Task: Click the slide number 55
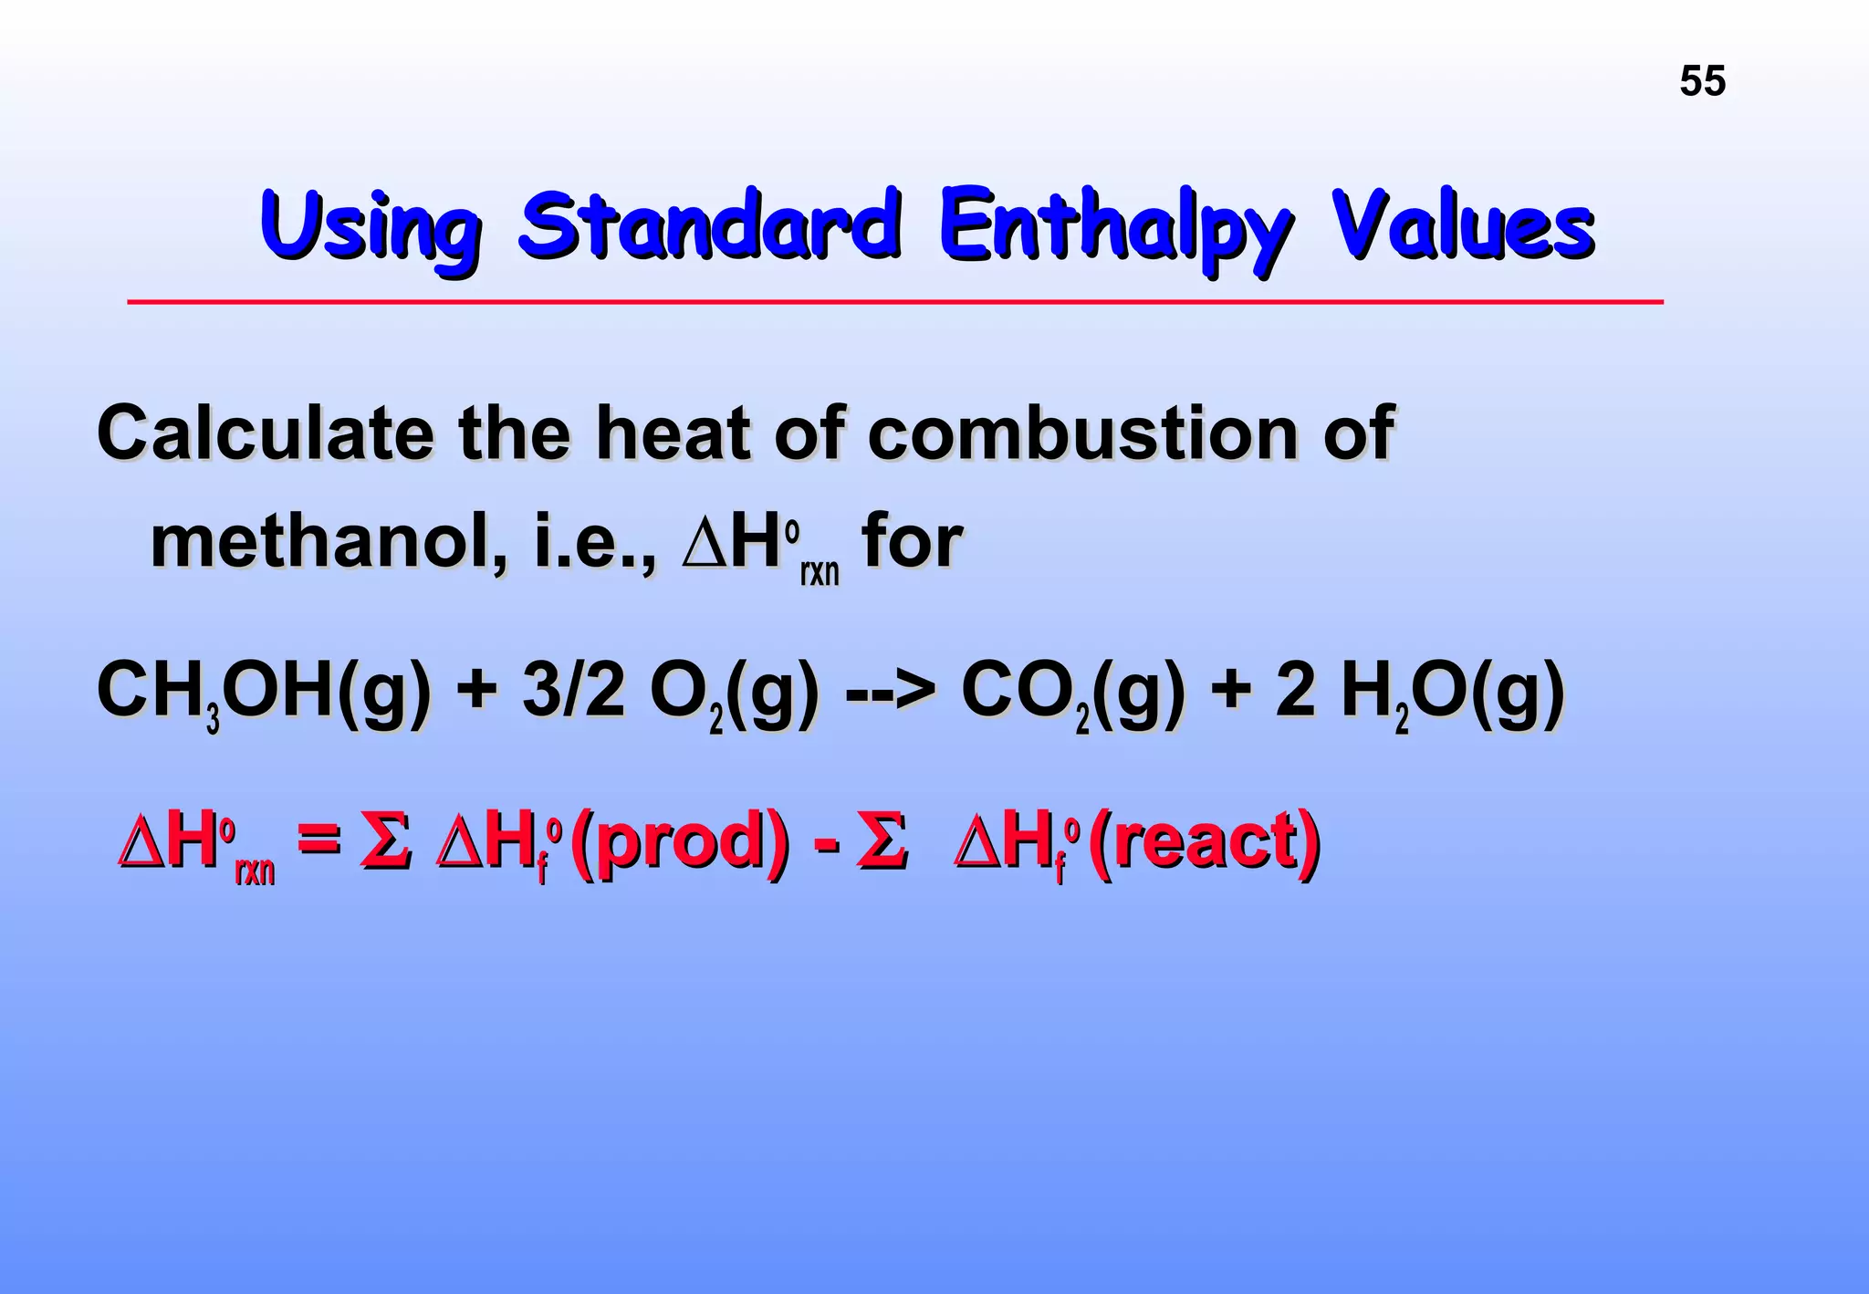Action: point(1702,81)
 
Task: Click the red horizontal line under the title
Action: point(894,301)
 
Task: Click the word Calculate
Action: point(265,433)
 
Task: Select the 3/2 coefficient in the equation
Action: point(573,692)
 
